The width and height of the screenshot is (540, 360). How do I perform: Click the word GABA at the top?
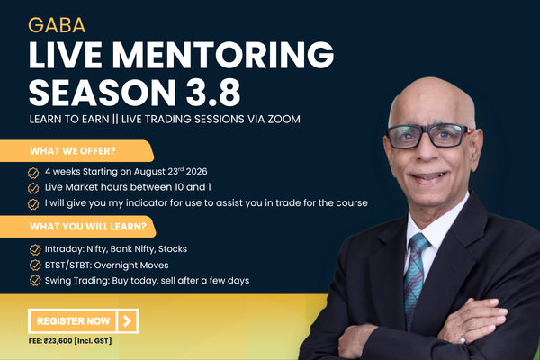tap(57, 25)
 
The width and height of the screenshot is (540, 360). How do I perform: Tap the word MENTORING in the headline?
tap(223, 55)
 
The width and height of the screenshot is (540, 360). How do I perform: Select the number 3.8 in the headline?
tap(213, 93)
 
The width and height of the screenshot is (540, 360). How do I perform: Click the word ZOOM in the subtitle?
tap(284, 119)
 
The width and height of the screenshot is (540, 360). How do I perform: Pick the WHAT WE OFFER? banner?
tap(76, 151)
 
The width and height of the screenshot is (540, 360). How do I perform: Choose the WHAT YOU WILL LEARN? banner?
tap(77, 227)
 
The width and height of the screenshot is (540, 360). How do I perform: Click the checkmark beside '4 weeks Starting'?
tap(33, 173)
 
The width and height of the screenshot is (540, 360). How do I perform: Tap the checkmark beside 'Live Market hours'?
tap(33, 188)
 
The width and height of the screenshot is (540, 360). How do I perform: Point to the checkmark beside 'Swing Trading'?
tap(35, 281)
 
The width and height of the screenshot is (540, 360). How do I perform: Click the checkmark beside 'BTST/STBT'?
tap(35, 265)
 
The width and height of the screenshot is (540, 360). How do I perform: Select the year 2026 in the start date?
tap(196, 172)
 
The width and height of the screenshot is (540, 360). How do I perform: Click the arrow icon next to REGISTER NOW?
tap(127, 321)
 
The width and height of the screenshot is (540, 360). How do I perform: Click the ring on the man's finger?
tap(463, 339)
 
